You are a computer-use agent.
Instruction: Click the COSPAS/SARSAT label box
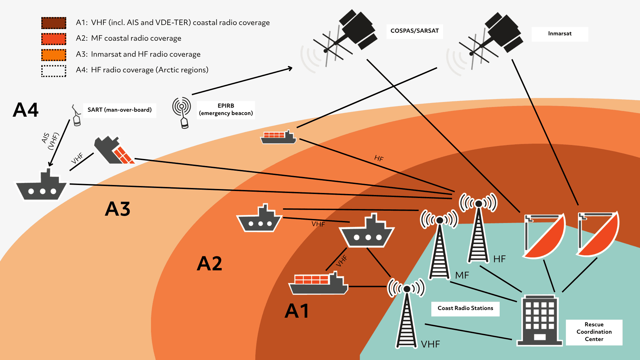pos(414,31)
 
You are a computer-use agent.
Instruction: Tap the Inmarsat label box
pos(560,34)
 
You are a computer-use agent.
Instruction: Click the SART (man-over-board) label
pos(119,110)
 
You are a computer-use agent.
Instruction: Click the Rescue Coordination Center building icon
pos(539,320)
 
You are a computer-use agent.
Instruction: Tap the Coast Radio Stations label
pos(465,308)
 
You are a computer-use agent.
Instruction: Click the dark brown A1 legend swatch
pos(54,23)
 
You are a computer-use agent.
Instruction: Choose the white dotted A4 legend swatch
pos(54,71)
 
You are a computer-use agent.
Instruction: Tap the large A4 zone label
pos(26,110)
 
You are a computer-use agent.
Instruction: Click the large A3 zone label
pos(117,209)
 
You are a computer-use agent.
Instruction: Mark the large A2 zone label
pos(209,264)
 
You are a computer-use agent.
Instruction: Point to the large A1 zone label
pos(297,311)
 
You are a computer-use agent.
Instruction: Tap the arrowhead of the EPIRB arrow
pos(290,68)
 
